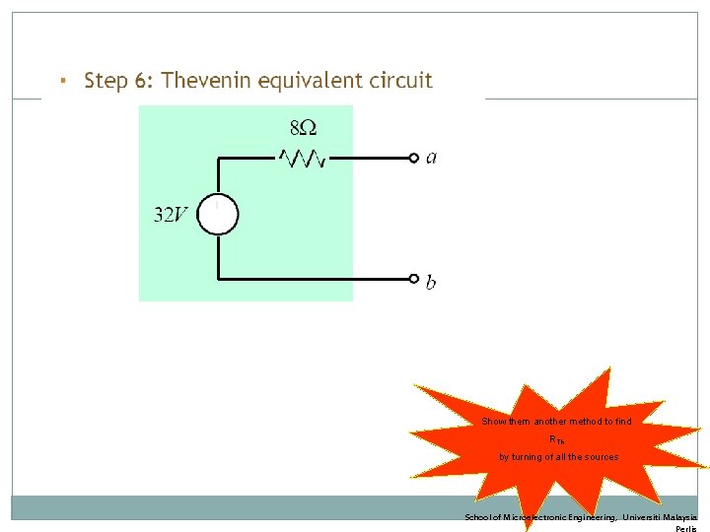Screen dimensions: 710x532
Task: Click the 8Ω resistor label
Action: pos(304,129)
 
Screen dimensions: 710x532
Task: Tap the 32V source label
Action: pos(171,215)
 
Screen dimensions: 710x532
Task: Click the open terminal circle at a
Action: pos(414,158)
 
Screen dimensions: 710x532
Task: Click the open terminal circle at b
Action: pos(414,279)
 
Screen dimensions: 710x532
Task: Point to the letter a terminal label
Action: pos(431,158)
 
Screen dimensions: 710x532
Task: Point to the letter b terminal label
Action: pos(431,283)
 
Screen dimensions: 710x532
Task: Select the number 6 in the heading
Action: pos(141,81)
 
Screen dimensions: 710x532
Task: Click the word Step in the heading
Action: pos(106,81)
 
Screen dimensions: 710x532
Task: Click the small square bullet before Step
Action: pos(61,79)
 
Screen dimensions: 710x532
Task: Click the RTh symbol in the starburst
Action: pos(557,439)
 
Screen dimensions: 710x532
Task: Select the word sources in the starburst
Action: pos(600,457)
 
